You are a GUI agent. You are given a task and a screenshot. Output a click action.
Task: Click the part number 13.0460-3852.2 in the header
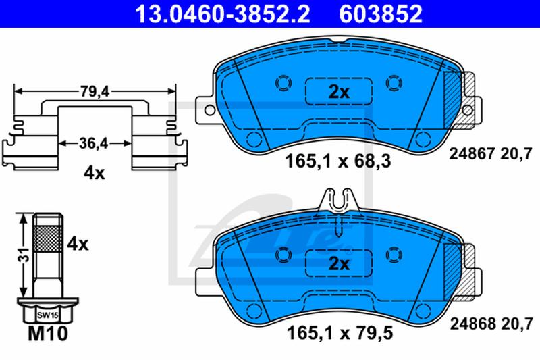point(223,14)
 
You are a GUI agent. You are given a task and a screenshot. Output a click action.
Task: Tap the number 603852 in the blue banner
point(381,14)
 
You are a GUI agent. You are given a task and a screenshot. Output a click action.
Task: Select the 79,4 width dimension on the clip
point(94,92)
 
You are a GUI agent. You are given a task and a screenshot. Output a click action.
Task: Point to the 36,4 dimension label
point(94,143)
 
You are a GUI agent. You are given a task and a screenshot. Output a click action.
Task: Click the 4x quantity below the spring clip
point(94,174)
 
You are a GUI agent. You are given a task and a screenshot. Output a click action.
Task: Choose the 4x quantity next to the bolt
point(78,245)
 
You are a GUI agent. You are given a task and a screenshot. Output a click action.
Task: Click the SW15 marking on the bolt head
point(48,315)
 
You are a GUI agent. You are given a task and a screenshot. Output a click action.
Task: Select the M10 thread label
point(48,333)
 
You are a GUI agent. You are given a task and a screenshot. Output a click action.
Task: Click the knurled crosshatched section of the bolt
point(48,238)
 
